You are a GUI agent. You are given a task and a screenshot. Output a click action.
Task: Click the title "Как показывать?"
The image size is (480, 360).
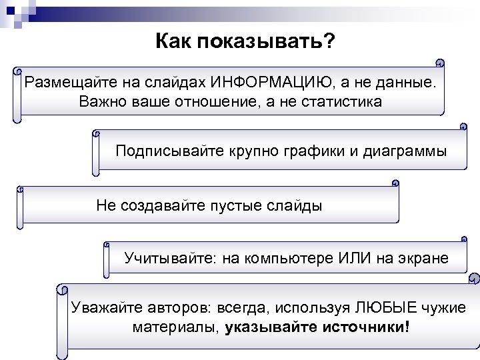click(245, 42)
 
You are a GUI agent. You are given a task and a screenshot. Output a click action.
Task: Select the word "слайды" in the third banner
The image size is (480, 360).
click(297, 205)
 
